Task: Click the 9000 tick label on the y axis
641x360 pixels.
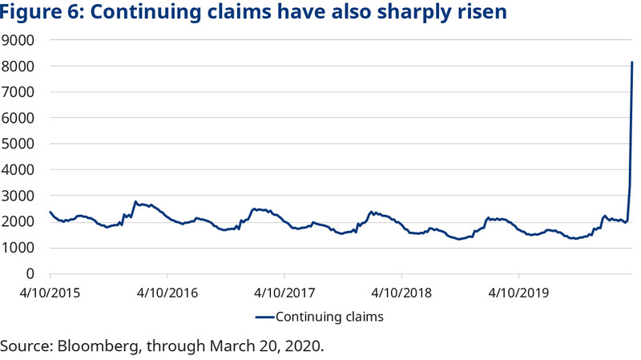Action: tap(20, 40)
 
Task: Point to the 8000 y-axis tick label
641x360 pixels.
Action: tap(20, 67)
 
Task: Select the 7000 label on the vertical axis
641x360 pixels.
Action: tap(20, 92)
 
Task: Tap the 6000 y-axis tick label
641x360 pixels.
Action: tap(20, 118)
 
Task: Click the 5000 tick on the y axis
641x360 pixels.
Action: tap(20, 144)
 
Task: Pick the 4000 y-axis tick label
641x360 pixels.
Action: tap(20, 170)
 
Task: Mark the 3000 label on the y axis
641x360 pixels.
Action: tap(20, 196)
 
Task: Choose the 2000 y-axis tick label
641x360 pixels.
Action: tap(20, 222)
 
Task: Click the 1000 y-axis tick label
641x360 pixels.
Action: tap(20, 248)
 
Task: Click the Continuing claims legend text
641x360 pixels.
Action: tap(329, 317)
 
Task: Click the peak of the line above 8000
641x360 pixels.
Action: tap(632, 63)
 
